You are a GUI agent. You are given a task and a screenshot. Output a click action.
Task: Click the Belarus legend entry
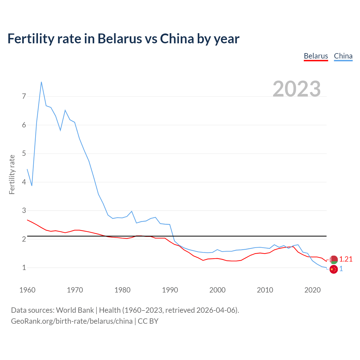[316, 56]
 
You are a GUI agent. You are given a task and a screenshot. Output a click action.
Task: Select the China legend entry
[343, 56]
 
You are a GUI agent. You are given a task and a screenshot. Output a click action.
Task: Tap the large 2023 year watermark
[297, 89]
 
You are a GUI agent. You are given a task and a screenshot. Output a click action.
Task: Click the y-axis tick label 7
[24, 96]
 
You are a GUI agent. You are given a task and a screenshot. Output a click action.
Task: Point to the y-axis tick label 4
[24, 182]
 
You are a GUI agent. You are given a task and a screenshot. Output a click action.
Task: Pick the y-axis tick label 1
[24, 267]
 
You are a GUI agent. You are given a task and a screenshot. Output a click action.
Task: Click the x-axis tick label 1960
[27, 290]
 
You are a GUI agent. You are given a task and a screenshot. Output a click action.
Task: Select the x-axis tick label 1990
[170, 290]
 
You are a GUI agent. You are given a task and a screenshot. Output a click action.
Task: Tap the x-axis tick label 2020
[312, 290]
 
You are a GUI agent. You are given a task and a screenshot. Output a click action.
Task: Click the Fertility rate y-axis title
[12, 174]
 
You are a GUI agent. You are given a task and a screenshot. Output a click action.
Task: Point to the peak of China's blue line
[41, 82]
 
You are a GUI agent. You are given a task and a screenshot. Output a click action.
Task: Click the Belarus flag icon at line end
[334, 260]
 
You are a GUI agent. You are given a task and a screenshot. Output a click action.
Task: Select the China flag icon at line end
[334, 269]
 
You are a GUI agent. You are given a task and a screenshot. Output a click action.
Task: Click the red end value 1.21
[346, 259]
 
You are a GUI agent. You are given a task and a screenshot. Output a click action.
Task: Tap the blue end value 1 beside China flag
[341, 269]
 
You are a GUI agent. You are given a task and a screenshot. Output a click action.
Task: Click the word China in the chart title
[177, 39]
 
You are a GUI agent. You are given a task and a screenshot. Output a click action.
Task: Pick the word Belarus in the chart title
[120, 39]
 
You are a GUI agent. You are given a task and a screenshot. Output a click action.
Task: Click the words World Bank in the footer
[75, 310]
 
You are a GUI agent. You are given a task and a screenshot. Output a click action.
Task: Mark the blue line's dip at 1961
[32, 186]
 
